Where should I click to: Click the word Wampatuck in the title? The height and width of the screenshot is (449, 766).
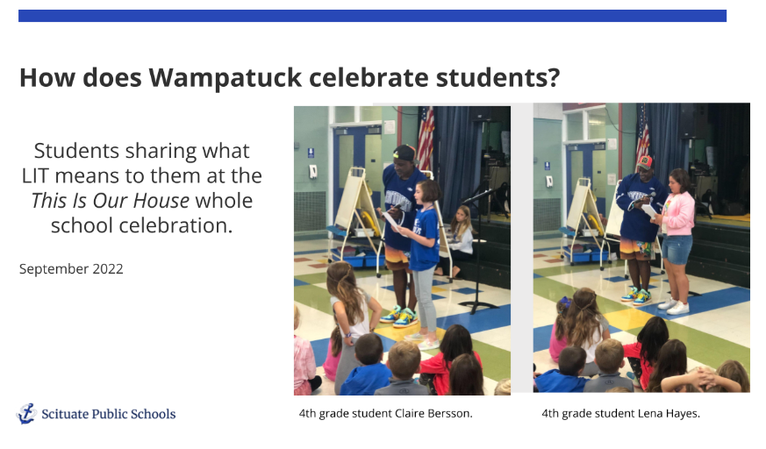tap(226, 77)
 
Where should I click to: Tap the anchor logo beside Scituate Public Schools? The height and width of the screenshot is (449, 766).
tap(26, 413)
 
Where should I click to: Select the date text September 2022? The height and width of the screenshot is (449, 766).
tap(71, 269)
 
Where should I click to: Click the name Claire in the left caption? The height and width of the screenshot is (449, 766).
tap(410, 413)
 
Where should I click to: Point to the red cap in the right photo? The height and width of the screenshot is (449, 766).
tap(645, 162)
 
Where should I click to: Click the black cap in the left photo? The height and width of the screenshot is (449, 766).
tap(404, 153)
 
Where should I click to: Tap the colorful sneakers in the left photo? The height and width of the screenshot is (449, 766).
tap(400, 317)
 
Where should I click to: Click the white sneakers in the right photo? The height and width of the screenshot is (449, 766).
tap(674, 305)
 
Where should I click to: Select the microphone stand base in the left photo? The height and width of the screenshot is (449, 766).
tap(478, 306)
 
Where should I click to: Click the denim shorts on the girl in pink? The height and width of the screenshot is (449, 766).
tap(677, 249)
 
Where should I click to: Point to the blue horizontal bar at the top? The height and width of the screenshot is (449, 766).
tap(372, 16)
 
